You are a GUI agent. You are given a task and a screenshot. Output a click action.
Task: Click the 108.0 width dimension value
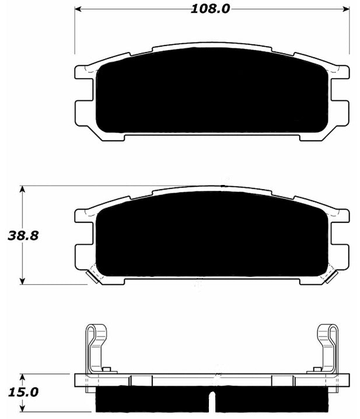[x=211, y=8]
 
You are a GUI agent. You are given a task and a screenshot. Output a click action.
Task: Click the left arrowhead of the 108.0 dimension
[x=78, y=9]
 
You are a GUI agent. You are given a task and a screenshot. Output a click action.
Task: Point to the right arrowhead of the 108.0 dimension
[x=345, y=9]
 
